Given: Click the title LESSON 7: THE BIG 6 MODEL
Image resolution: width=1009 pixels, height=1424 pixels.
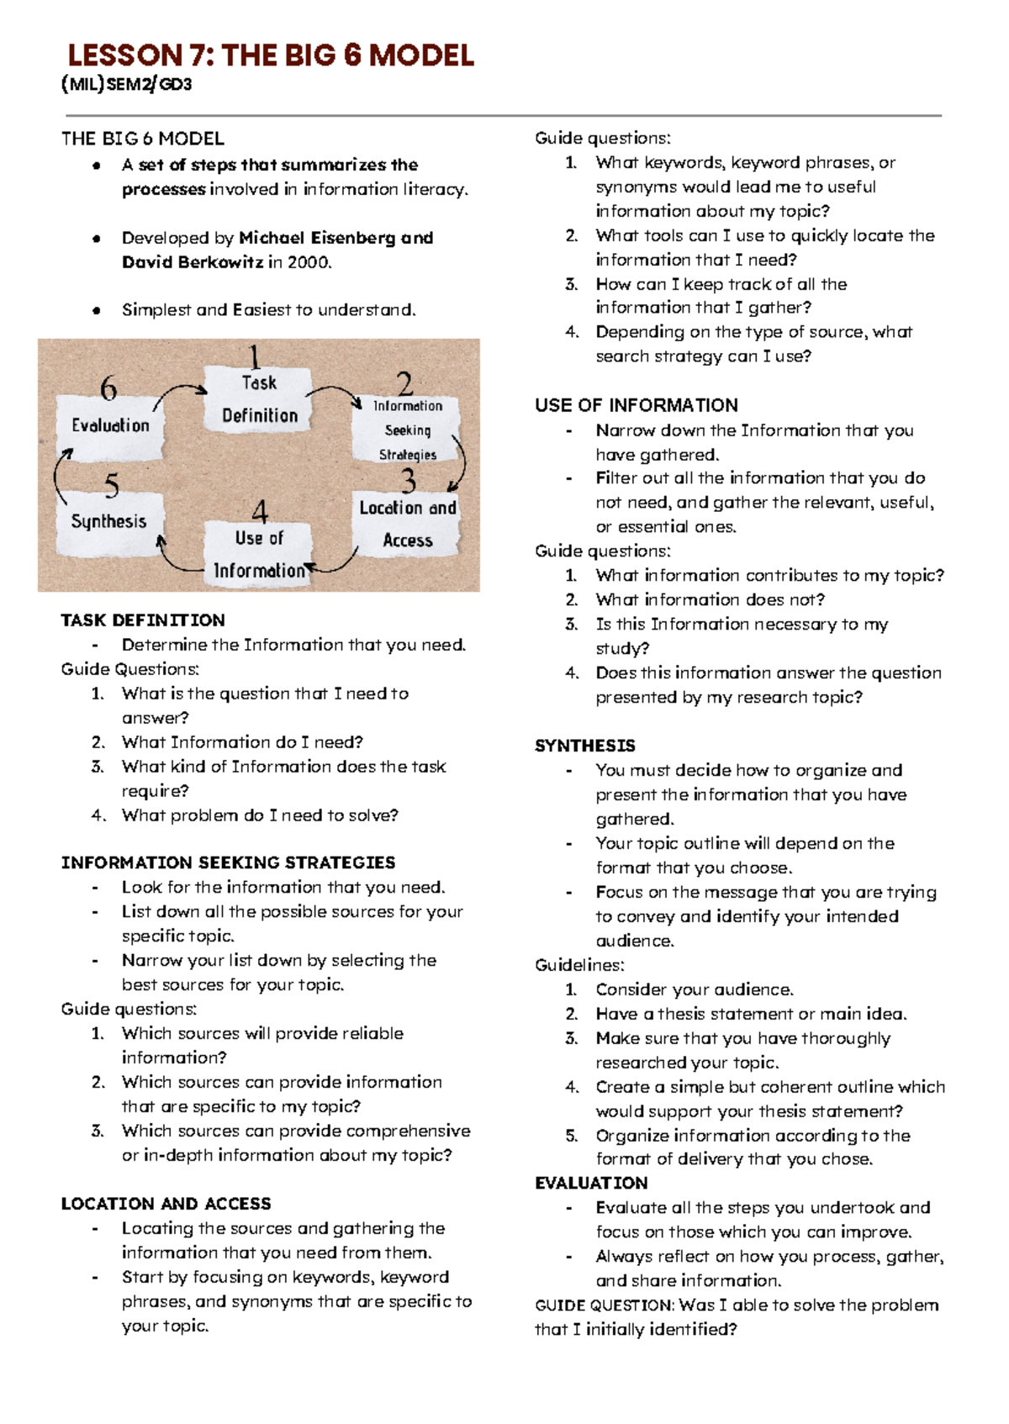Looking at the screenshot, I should pyautogui.click(x=271, y=55).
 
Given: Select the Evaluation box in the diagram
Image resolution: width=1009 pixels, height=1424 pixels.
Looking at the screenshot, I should pyautogui.click(x=110, y=426).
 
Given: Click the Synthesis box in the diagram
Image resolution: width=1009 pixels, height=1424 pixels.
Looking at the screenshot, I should pyautogui.click(x=109, y=522).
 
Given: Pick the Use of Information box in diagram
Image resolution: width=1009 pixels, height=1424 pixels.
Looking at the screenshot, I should pyautogui.click(x=259, y=553).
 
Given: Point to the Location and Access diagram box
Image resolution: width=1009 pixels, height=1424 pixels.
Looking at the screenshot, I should pyautogui.click(x=408, y=524).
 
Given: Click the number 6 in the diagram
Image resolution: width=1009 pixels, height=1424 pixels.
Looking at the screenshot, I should pyautogui.click(x=109, y=388).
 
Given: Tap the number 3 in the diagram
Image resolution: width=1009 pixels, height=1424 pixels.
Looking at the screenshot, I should pyautogui.click(x=409, y=481).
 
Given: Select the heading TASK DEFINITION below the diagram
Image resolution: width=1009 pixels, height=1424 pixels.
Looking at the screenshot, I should pyautogui.click(x=143, y=620).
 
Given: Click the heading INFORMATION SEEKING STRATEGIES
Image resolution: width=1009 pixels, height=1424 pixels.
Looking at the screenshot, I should pyautogui.click(x=228, y=862).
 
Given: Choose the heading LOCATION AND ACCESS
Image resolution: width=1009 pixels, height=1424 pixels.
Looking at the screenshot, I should pyautogui.click(x=166, y=1204).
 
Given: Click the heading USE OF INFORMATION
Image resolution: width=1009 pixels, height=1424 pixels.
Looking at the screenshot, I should pyautogui.click(x=637, y=405).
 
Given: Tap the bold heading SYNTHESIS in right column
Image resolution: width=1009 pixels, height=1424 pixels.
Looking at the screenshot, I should pyautogui.click(x=585, y=746).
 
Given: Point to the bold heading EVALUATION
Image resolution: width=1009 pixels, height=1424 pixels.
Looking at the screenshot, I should pyautogui.click(x=591, y=1183).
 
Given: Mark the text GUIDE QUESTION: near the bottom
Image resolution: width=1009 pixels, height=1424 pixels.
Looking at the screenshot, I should pyautogui.click(x=604, y=1305).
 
